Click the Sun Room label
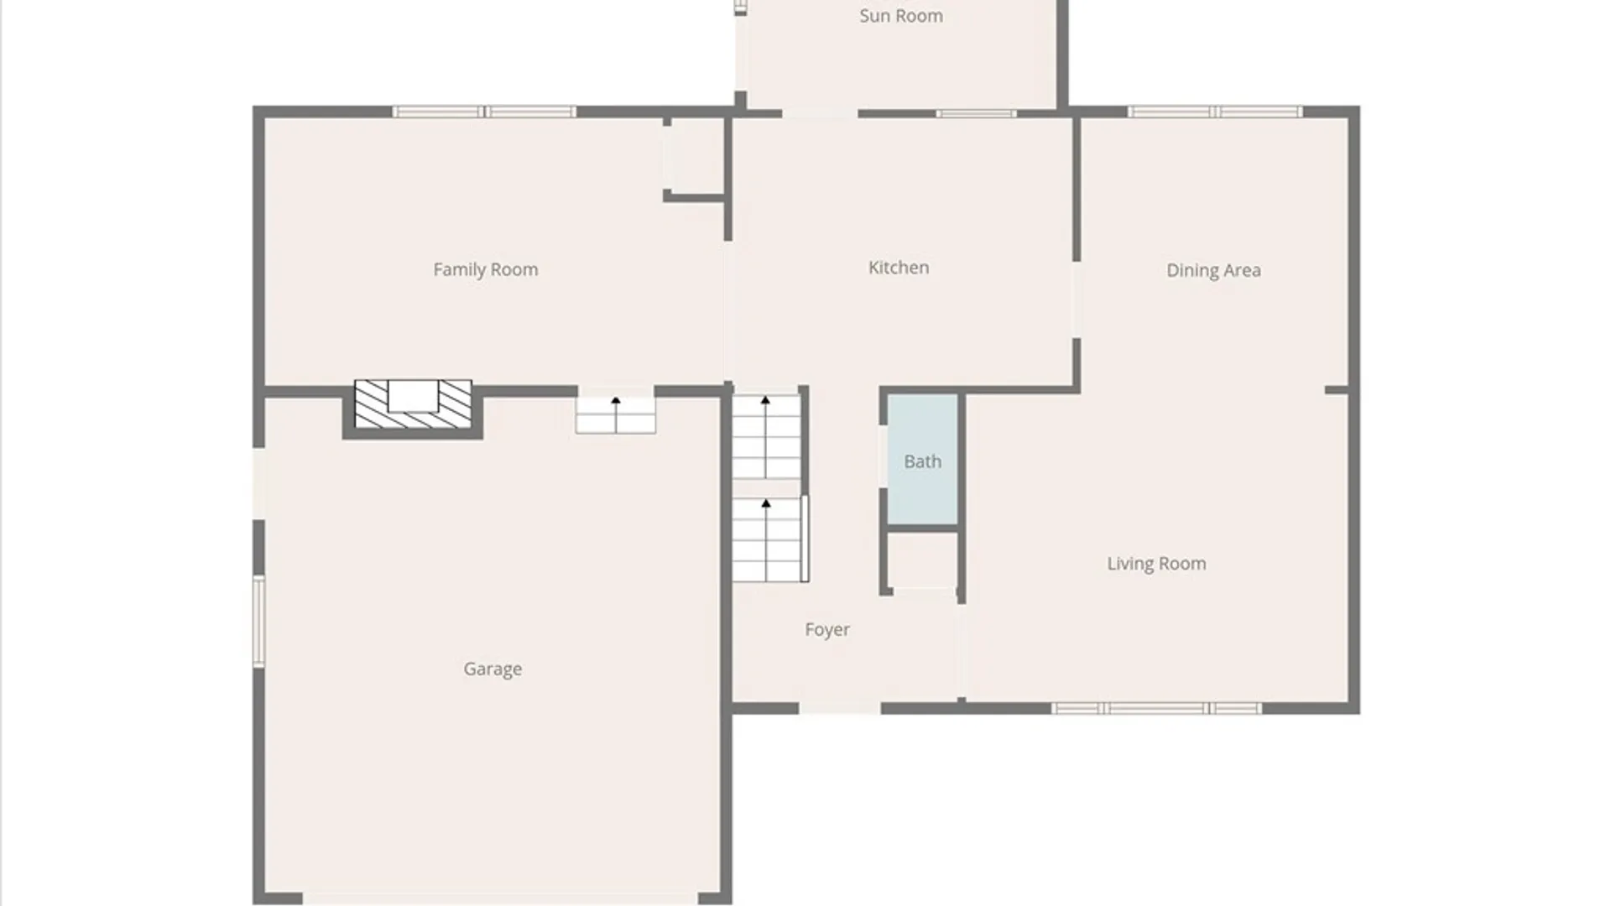click(x=900, y=16)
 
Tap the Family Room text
click(x=485, y=269)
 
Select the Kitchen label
click(x=898, y=268)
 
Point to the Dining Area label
click(x=1213, y=270)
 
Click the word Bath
click(x=922, y=461)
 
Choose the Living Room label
click(x=1156, y=564)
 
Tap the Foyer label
click(x=826, y=629)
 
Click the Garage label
click(x=493, y=669)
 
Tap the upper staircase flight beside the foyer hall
click(x=766, y=436)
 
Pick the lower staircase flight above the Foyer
click(x=769, y=539)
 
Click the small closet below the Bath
click(x=922, y=560)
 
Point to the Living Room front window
click(x=1156, y=709)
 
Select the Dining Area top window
click(x=1214, y=112)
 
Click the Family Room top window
click(x=484, y=112)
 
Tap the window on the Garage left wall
click(x=259, y=621)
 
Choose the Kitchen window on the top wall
click(x=976, y=113)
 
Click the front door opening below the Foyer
click(x=839, y=709)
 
